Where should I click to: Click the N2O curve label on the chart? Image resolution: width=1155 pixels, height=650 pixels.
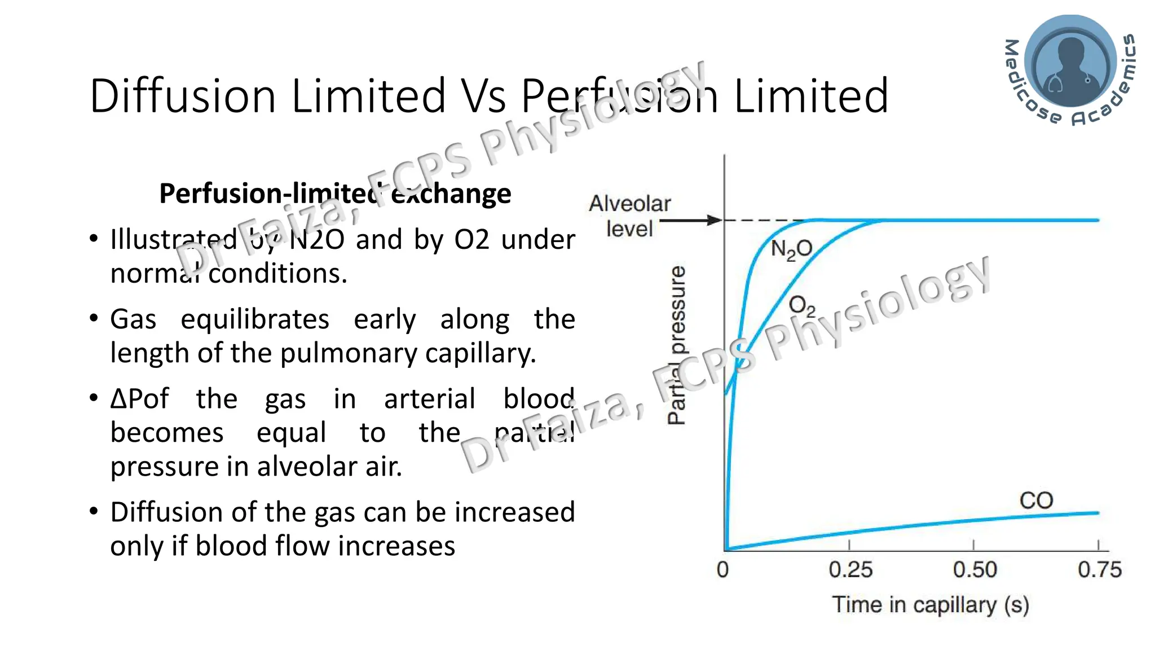(791, 249)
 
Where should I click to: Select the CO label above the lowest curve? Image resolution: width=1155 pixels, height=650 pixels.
(1036, 500)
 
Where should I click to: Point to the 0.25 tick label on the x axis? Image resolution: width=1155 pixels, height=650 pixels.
(850, 570)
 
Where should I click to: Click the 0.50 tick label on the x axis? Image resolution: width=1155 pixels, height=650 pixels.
(975, 570)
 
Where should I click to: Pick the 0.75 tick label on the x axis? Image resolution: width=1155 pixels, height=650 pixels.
(1099, 570)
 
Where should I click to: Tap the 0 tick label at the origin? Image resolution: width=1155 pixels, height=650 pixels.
(722, 570)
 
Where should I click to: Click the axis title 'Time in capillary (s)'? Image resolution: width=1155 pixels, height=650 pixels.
(931, 605)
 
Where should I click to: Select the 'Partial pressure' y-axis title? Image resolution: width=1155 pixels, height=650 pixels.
(677, 344)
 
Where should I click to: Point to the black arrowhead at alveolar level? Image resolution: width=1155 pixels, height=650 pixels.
(715, 220)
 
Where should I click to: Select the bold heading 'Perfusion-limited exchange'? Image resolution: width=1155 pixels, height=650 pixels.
(335, 194)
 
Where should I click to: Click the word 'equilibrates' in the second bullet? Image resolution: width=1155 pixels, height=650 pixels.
(255, 319)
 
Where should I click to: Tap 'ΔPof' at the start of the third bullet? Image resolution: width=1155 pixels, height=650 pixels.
(139, 399)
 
